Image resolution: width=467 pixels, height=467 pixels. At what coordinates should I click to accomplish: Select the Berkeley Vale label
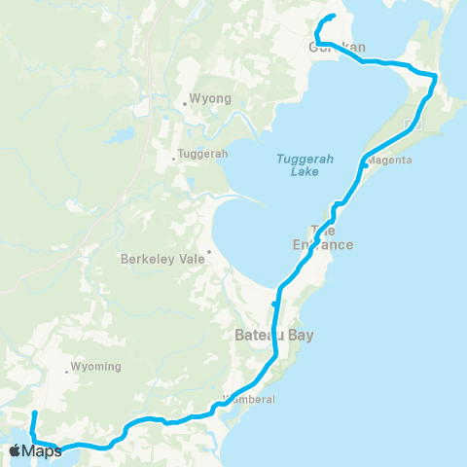159,260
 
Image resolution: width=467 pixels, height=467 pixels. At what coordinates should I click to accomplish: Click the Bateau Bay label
274,336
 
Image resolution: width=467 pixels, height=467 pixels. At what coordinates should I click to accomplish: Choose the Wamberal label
250,399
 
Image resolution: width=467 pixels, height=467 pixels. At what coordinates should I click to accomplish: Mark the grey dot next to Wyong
184,103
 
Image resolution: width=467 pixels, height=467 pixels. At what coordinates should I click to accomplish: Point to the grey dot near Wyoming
68,370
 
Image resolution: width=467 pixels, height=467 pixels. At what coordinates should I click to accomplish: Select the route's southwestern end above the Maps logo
34,414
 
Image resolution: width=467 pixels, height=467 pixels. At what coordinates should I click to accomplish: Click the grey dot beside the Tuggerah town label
174,158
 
